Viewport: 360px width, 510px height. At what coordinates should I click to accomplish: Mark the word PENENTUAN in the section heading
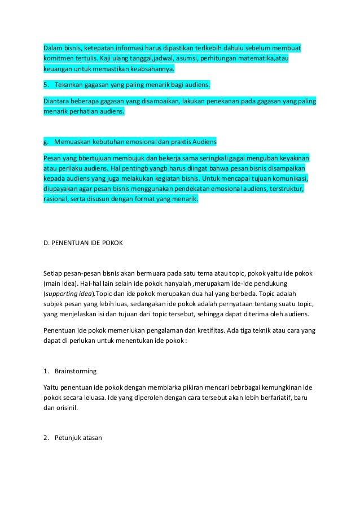click(71, 243)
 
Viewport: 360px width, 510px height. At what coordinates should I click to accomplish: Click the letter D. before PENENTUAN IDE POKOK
click(47, 243)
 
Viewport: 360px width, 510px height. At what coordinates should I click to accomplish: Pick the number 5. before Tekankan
click(46, 85)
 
